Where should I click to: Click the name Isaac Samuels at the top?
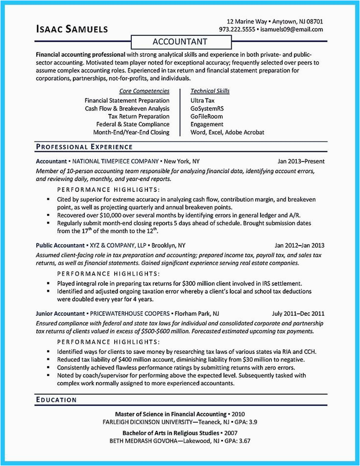coord(72,30)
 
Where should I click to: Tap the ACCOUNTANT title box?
coord(180,42)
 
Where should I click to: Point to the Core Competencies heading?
coord(144,91)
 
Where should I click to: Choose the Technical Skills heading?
coord(210,91)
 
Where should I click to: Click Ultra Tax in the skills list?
coord(203,100)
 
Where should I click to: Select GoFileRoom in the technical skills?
coord(207,116)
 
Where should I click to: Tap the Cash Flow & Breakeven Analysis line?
coord(127,108)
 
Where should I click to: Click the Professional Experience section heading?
coord(84,146)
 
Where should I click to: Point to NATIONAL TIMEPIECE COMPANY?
coord(116,161)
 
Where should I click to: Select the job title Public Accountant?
coord(59,245)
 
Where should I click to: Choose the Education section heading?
coord(56,400)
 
